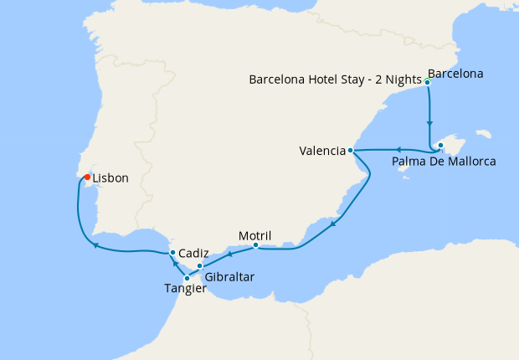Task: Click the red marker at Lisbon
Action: point(87,177)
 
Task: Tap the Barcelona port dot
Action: point(428,82)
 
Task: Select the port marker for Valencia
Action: point(351,151)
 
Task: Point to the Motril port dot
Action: point(255,245)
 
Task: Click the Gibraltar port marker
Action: point(199,265)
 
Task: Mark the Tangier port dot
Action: point(187,278)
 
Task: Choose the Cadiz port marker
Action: point(172,252)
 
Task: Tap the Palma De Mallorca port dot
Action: point(441,147)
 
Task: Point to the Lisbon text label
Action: point(110,178)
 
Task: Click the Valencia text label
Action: point(321,152)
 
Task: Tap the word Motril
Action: point(254,235)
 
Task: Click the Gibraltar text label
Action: point(229,276)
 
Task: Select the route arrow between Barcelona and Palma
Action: point(429,122)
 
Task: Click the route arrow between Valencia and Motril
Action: point(334,223)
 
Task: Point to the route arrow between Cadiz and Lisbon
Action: point(95,245)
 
